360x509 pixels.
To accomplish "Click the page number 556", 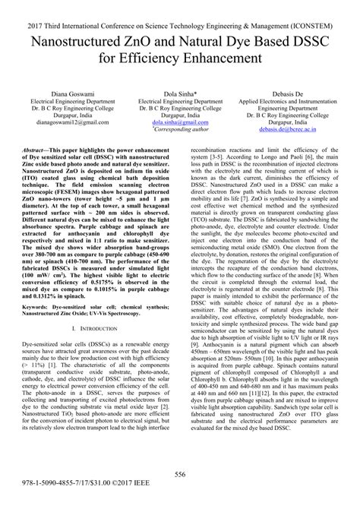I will [x=180, y=475].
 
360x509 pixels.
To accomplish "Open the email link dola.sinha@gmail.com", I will [x=180, y=120].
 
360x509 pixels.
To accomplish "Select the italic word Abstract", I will [x=38, y=152].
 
